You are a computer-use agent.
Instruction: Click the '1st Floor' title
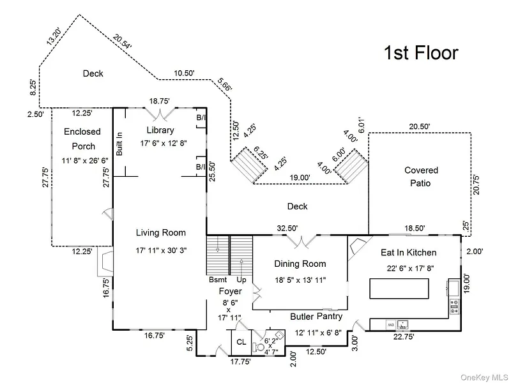click(421, 53)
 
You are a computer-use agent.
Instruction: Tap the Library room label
click(160, 130)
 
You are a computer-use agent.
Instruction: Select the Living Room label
click(161, 232)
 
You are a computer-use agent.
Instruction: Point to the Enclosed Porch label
click(82, 139)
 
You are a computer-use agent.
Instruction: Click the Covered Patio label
click(421, 177)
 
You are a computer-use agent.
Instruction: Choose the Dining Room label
click(300, 264)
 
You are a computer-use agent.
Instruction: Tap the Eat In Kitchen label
click(408, 252)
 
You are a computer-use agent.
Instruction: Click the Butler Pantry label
click(316, 316)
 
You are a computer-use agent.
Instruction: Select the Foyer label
click(230, 291)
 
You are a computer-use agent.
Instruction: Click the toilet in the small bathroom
click(259, 347)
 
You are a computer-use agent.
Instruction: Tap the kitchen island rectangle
click(399, 289)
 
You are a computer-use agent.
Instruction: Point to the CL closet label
click(241, 342)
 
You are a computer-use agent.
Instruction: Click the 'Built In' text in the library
click(119, 144)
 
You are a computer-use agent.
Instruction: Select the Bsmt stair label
click(218, 280)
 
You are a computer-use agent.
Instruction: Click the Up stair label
click(241, 280)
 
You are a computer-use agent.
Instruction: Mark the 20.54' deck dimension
click(123, 41)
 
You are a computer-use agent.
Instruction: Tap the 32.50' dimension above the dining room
click(287, 229)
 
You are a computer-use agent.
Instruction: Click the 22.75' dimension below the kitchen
click(404, 337)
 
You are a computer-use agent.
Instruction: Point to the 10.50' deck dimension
click(184, 73)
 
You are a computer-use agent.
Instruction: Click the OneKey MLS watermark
click(484, 377)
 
